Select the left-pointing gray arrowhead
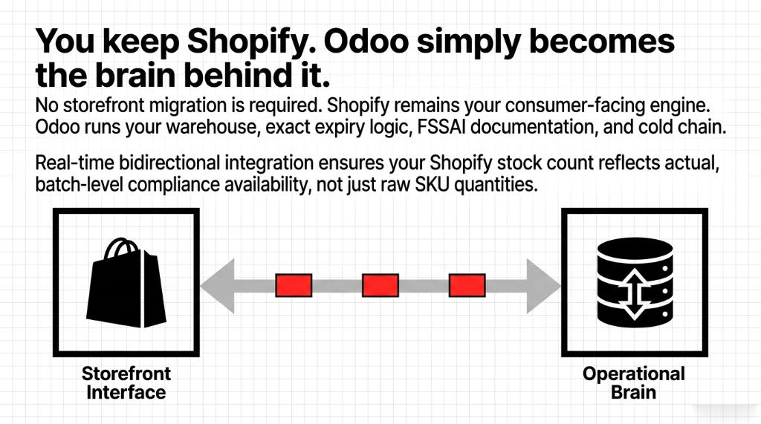point(217,285)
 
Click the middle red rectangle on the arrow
point(380,285)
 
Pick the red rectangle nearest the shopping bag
point(294,285)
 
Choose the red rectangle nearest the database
point(467,285)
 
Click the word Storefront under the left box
point(126,374)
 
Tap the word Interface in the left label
point(126,391)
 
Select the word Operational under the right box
point(634,374)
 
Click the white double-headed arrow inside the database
point(635,294)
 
